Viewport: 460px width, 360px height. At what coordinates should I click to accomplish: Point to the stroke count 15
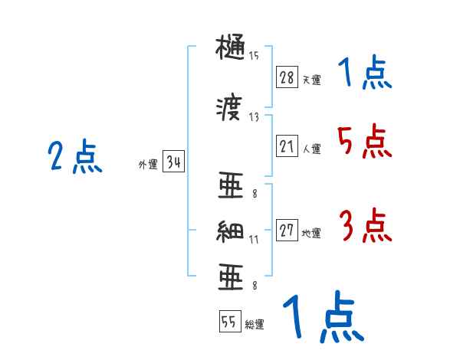tap(254, 55)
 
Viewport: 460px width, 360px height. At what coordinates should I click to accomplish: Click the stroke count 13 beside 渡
tap(254, 116)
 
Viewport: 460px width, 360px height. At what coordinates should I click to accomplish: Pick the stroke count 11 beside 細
tap(254, 239)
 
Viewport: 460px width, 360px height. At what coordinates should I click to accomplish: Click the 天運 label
tap(311, 80)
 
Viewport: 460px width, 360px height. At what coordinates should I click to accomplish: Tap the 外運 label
tap(147, 164)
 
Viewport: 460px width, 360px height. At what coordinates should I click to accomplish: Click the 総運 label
tap(255, 325)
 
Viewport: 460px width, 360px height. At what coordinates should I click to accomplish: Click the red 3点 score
tap(365, 226)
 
